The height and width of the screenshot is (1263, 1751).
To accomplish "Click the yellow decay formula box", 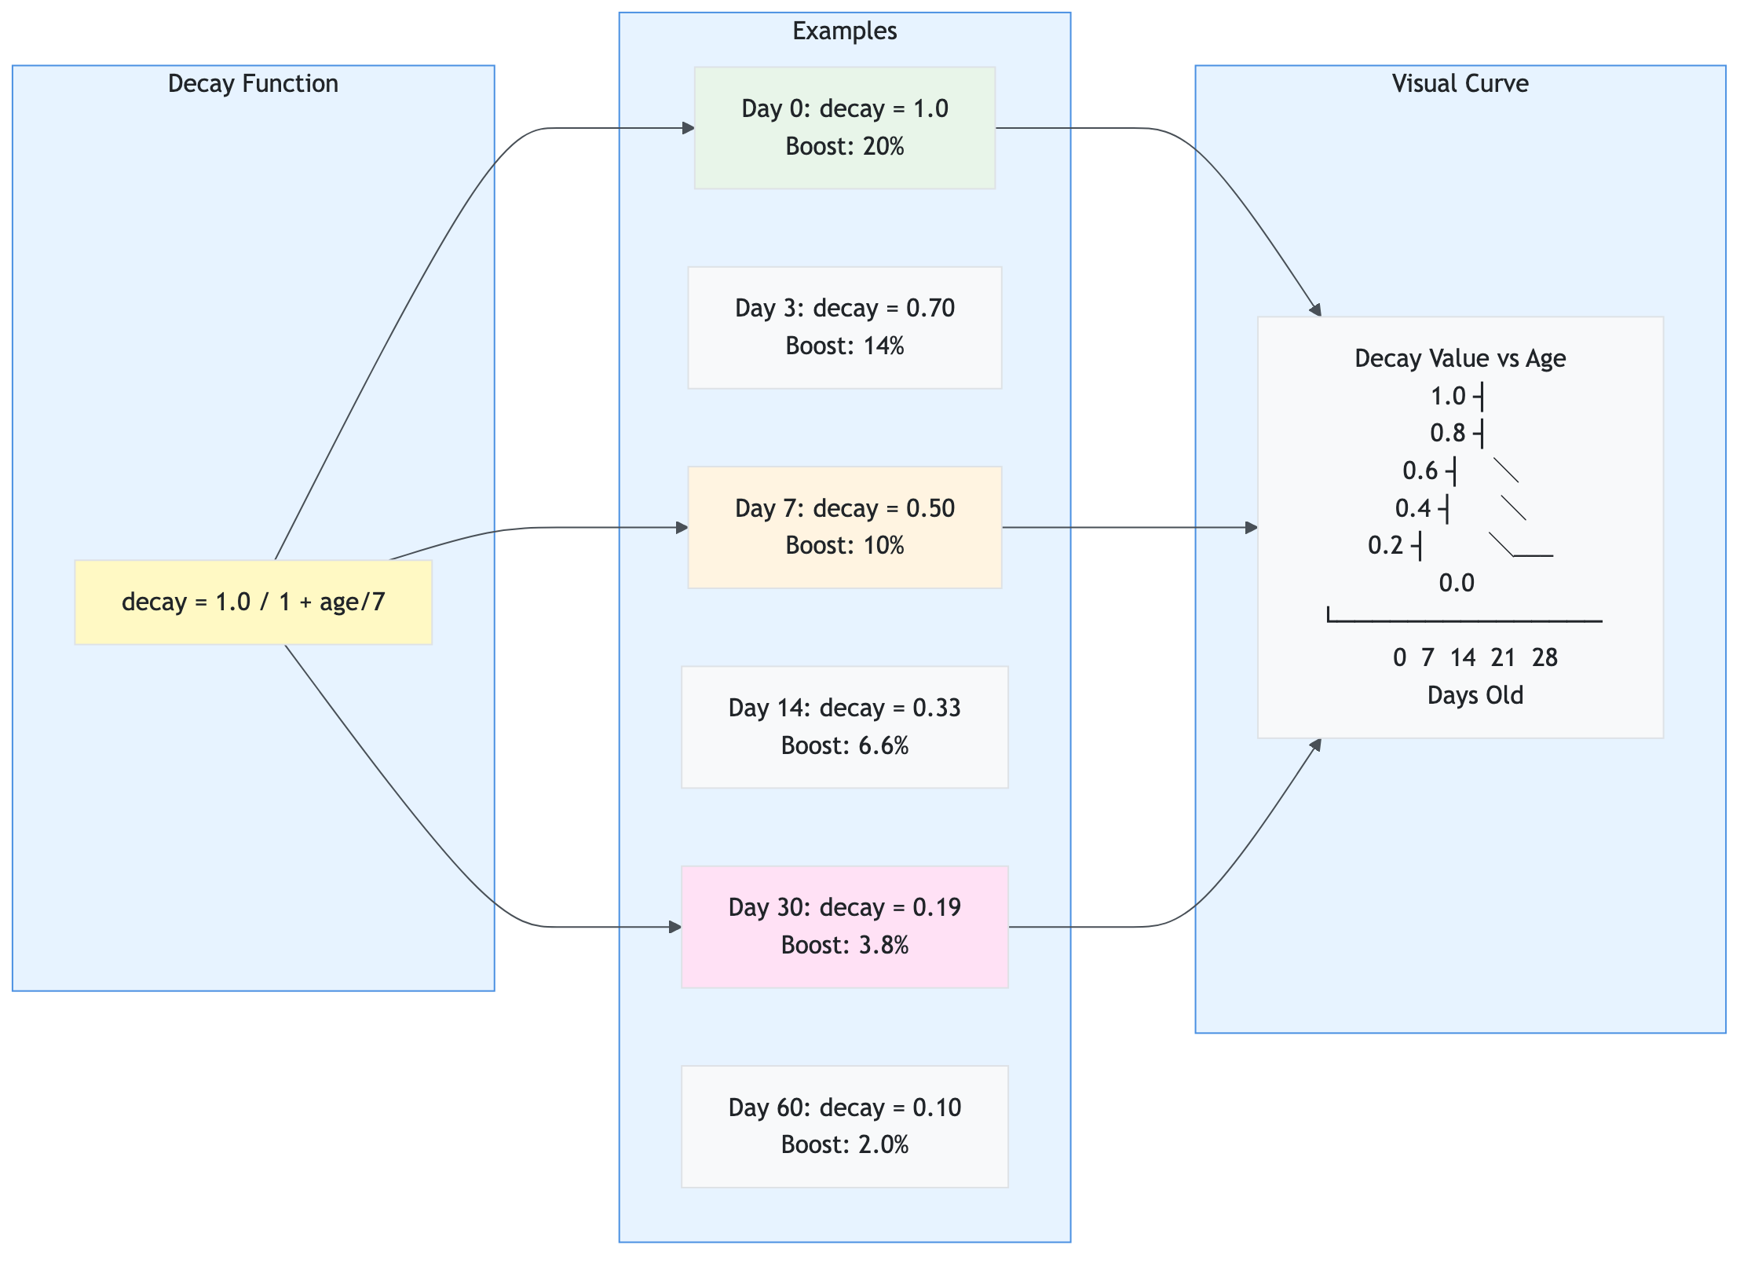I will pyautogui.click(x=253, y=602).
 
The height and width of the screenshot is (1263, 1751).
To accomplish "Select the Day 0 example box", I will pyautogui.click(x=844, y=127).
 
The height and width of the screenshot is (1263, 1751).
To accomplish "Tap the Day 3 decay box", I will pyautogui.click(x=844, y=327).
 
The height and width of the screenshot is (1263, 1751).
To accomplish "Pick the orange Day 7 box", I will pyautogui.click(x=844, y=527).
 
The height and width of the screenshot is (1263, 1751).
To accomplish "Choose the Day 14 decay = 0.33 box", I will pyautogui.click(x=844, y=727).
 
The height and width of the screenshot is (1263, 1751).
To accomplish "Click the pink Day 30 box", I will pyautogui.click(x=844, y=926).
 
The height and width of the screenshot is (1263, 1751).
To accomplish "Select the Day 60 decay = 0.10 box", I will pyautogui.click(x=844, y=1126).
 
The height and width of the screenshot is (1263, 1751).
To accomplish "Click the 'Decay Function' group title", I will pyautogui.click(x=253, y=83).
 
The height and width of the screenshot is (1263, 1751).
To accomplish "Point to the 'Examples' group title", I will pyautogui.click(x=844, y=31).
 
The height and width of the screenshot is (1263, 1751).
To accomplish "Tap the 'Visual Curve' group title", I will pyautogui.click(x=1460, y=83).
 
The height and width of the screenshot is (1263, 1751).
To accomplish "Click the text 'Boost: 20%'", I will pyautogui.click(x=845, y=146).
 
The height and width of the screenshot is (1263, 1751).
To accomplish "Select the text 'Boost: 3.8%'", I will pyautogui.click(x=845, y=945).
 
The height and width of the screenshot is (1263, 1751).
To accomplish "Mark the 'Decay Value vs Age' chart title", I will pyautogui.click(x=1460, y=358).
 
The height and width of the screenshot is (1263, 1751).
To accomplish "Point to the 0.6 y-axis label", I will pyautogui.click(x=1420, y=470).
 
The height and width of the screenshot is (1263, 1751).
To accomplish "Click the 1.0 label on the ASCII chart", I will pyautogui.click(x=1447, y=396).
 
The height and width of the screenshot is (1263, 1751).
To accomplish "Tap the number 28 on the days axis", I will pyautogui.click(x=1544, y=657).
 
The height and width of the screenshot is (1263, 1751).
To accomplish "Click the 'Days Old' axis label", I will pyautogui.click(x=1475, y=695).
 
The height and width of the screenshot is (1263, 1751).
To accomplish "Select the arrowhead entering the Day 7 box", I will pyautogui.click(x=682, y=528).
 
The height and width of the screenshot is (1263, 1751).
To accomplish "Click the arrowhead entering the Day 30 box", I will pyautogui.click(x=675, y=927).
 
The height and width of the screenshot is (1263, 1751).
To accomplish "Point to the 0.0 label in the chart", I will pyautogui.click(x=1456, y=583).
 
